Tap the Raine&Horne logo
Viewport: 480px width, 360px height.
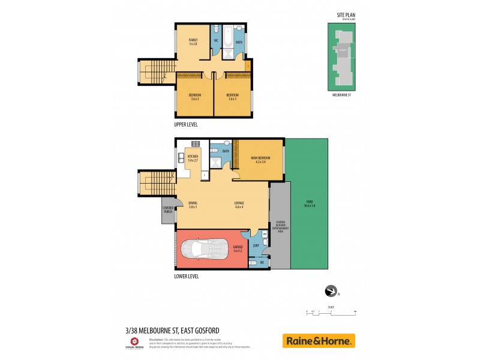click(x=319, y=341)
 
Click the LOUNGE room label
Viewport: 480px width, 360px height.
click(x=239, y=204)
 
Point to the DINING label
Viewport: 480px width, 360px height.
click(x=193, y=204)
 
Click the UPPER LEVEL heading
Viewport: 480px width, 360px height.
click(x=185, y=124)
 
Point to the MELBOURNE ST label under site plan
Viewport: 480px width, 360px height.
click(x=341, y=95)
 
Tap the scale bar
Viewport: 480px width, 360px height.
click(x=331, y=312)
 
